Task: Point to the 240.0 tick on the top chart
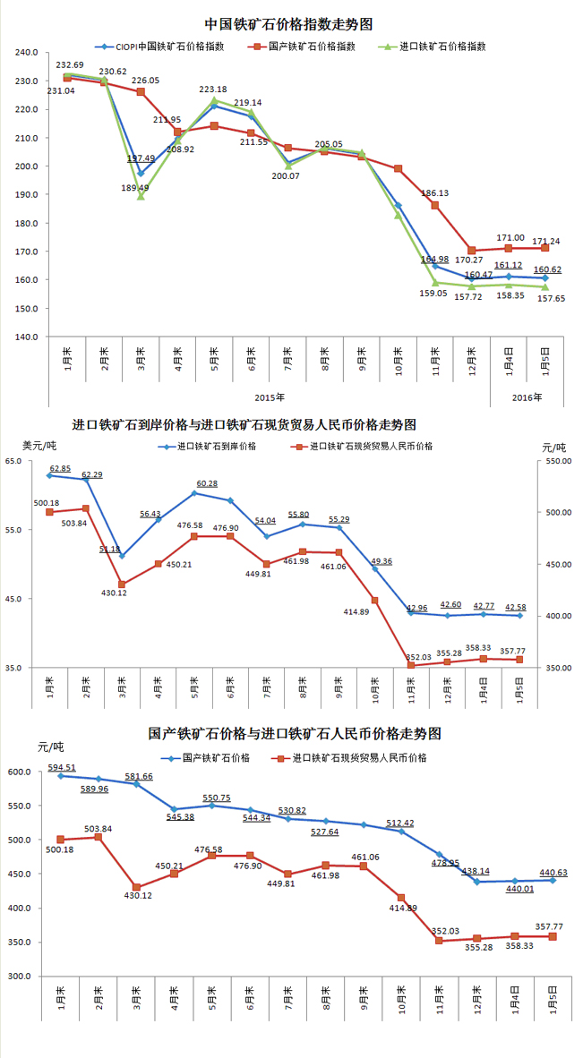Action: (27, 53)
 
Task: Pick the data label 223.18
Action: (212, 90)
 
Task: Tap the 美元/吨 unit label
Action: (39, 445)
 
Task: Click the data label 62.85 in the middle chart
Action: (60, 468)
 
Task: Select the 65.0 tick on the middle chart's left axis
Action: (14, 461)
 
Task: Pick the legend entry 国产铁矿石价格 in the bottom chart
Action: (212, 757)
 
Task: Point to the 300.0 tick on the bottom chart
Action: (20, 976)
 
